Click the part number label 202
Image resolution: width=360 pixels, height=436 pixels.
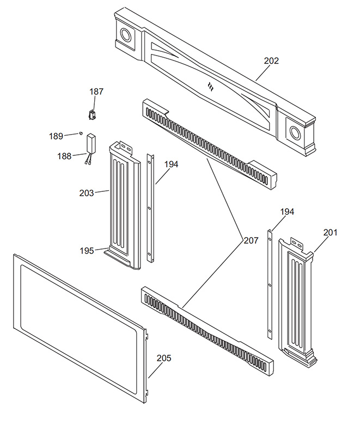pyautogui.click(x=271, y=61)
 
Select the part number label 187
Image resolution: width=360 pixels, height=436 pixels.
pyautogui.click(x=96, y=92)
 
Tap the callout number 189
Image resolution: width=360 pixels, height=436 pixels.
pyautogui.click(x=56, y=136)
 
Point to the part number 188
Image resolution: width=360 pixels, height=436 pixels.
pyautogui.click(x=64, y=156)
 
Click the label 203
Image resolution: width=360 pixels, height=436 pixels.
pyautogui.click(x=86, y=192)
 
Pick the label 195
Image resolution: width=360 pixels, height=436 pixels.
pyautogui.click(x=87, y=250)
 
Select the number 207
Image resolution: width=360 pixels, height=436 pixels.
pyautogui.click(x=251, y=240)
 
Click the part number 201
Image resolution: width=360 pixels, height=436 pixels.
pyautogui.click(x=331, y=233)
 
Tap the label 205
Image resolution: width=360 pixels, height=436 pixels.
pyautogui.click(x=164, y=358)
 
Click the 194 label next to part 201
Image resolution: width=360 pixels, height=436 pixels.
pyautogui.click(x=288, y=211)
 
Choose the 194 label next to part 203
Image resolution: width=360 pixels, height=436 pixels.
pyautogui.click(x=170, y=164)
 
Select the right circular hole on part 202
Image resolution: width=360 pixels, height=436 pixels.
pyautogui.click(x=295, y=132)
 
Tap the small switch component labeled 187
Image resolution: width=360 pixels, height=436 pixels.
pyautogui.click(x=92, y=114)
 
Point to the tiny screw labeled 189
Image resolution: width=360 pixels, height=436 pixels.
pyautogui.click(x=81, y=132)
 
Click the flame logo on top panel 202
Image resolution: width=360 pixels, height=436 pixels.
pyautogui.click(x=211, y=86)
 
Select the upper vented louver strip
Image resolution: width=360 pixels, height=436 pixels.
pyautogui.click(x=207, y=143)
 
